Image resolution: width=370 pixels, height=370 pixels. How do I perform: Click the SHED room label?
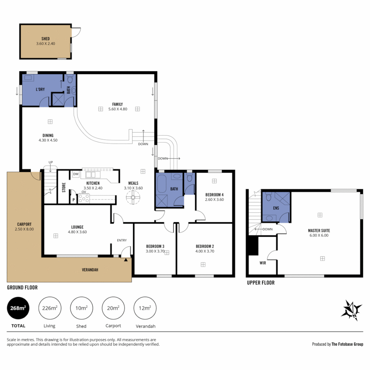pyautogui.click(x=46, y=39)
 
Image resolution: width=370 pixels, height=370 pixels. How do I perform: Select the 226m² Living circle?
pyautogui.click(x=50, y=308)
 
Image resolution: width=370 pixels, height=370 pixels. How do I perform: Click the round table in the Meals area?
pyautogui.click(x=133, y=198)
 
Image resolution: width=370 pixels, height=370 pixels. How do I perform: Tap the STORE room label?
pyautogui.click(x=64, y=187)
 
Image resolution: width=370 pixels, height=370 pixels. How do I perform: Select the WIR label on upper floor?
pyautogui.click(x=263, y=263)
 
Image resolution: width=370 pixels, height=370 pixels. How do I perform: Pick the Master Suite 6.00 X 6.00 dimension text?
pyautogui.click(x=319, y=235)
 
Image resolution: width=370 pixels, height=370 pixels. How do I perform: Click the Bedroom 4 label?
pyautogui.click(x=214, y=195)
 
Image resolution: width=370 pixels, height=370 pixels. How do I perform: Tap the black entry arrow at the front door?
pyautogui.click(x=126, y=260)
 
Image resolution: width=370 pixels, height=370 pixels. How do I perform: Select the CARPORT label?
pyautogui.click(x=24, y=224)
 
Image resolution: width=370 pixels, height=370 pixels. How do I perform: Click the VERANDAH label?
pyautogui.click(x=90, y=270)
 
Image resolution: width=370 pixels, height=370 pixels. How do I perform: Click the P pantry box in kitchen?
pyautogui.click(x=73, y=200)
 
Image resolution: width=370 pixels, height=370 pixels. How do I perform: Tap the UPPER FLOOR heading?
pyautogui.click(x=261, y=283)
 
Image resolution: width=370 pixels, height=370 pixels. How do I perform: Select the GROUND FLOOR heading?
pyautogui.click(x=22, y=288)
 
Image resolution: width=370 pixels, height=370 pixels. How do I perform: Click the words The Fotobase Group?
pyautogui.click(x=347, y=344)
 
